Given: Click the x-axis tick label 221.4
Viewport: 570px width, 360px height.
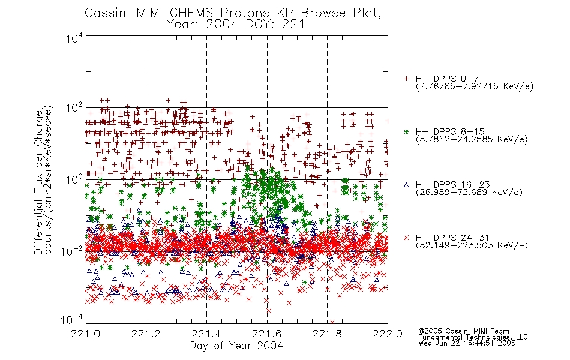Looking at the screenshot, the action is (x=206, y=334).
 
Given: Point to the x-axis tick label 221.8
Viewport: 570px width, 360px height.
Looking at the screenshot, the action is (x=327, y=334).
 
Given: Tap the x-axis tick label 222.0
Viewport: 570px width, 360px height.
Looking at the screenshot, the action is (x=388, y=334).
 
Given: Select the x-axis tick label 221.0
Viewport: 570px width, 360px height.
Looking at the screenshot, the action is (x=86, y=334).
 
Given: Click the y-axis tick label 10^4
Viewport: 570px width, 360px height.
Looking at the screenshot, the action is (x=74, y=38).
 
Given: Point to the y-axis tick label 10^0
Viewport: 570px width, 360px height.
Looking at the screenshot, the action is (x=74, y=179).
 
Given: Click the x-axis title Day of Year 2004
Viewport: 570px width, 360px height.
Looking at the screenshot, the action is (x=236, y=346).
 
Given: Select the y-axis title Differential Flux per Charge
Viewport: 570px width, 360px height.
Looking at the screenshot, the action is (x=38, y=182).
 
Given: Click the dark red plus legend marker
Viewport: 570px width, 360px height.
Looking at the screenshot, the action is (x=406, y=79).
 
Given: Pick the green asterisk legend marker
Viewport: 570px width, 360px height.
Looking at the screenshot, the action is (x=406, y=131).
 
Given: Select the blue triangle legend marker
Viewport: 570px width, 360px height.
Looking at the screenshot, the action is (x=406, y=185).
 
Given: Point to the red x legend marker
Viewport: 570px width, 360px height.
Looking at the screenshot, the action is (x=406, y=238).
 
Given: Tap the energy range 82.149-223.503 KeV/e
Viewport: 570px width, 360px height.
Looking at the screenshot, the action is (x=472, y=245).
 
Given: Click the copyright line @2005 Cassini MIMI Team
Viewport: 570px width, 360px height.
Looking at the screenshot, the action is (x=464, y=331).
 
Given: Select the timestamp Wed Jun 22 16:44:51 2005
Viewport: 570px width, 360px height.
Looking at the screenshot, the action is (x=467, y=343).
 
